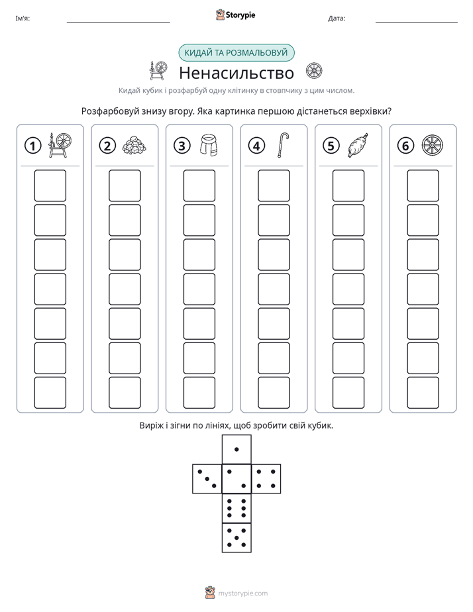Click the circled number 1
(32, 146)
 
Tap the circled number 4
(256, 146)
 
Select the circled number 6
(405, 146)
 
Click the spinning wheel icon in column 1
(60, 145)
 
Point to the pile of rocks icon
(134, 145)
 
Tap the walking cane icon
(284, 145)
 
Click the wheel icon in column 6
(433, 145)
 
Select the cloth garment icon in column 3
(209, 145)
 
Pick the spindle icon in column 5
(358, 145)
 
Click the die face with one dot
(236, 450)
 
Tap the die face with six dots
(236, 508)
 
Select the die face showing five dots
(236, 537)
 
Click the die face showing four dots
(266, 479)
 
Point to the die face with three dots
(207, 479)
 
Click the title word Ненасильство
(236, 73)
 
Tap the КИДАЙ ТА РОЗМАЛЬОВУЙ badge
(236, 53)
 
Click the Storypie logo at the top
(235, 15)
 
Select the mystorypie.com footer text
(242, 593)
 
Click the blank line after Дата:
(417, 22)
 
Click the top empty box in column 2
(125, 185)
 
